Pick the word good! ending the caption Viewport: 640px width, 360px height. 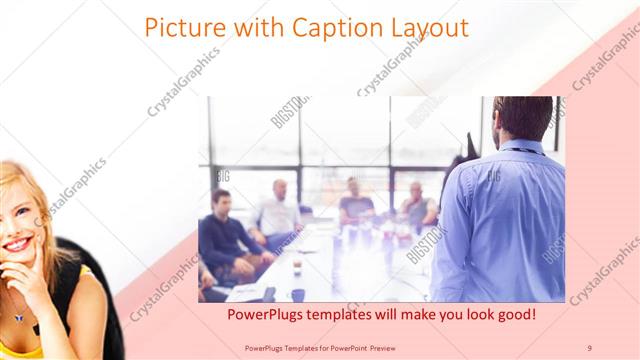pos(513,315)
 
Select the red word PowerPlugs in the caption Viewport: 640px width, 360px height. pos(263,315)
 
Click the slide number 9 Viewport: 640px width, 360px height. pos(589,347)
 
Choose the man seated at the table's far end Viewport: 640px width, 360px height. pos(353,201)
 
